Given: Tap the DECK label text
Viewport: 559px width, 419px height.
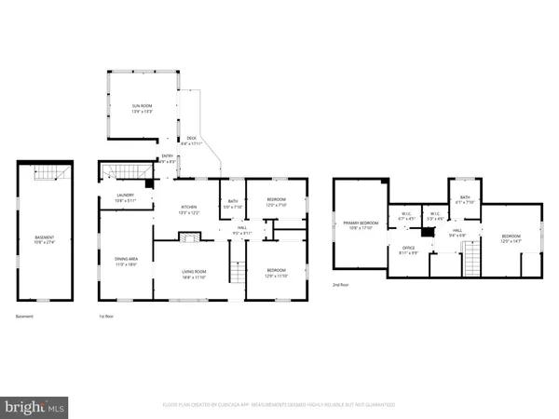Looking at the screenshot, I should tap(190, 142).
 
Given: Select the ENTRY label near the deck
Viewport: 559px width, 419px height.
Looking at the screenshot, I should tap(168, 158).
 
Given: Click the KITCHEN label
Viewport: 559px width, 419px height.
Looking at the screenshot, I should tap(189, 211).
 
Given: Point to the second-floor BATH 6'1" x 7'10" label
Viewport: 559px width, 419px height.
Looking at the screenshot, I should tap(466, 199).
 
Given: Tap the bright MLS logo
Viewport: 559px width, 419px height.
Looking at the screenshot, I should tap(36, 405).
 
